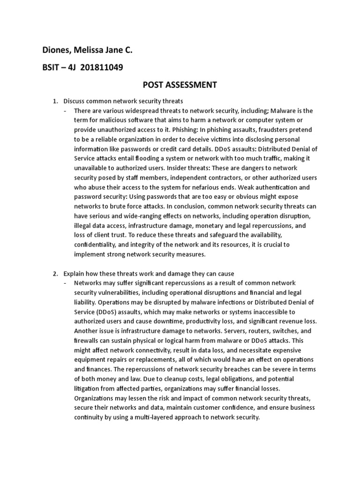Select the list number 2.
click(54, 273)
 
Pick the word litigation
click(89, 388)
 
